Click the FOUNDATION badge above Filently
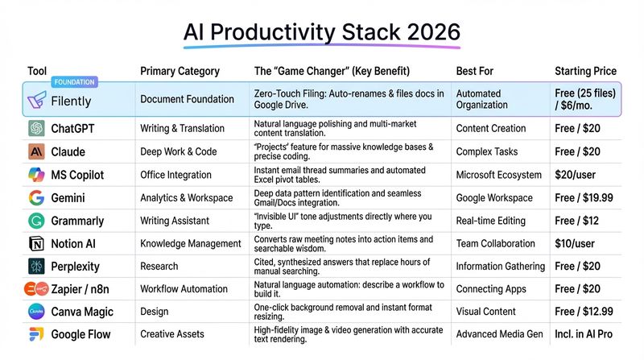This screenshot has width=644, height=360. (x=73, y=82)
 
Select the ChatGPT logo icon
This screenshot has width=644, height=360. (x=36, y=129)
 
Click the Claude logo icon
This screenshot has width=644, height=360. (x=36, y=151)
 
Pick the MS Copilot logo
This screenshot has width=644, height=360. (x=36, y=175)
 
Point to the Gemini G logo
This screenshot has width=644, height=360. (x=36, y=197)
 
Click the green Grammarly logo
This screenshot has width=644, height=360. (x=36, y=221)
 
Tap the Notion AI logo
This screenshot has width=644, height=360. (x=36, y=243)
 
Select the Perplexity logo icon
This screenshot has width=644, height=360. (x=36, y=266)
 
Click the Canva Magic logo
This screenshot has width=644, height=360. (x=36, y=312)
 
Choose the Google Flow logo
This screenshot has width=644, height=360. (x=36, y=334)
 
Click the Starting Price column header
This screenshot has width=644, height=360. (x=588, y=71)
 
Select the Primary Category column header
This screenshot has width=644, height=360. (x=180, y=71)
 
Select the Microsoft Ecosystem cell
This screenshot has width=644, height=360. (x=499, y=175)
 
